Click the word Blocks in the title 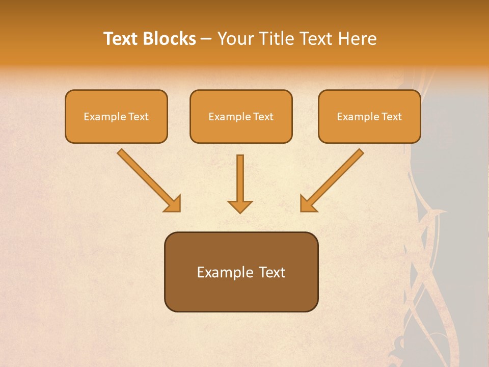pyautogui.click(x=171, y=39)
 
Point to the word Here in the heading pyautogui.click(x=359, y=39)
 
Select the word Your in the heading pyautogui.click(x=236, y=39)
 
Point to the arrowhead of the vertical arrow pyautogui.click(x=240, y=206)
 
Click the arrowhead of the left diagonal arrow pyautogui.click(x=173, y=204)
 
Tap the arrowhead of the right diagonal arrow pyautogui.click(x=308, y=204)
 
